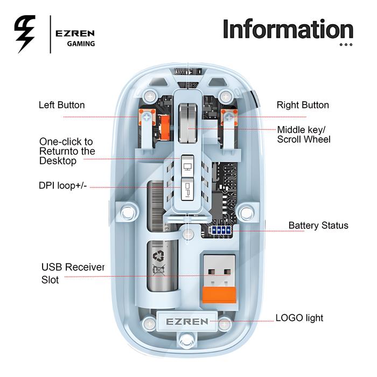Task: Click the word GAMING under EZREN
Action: tap(81, 44)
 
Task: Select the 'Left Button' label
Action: tap(61, 105)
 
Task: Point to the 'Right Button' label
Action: tap(303, 105)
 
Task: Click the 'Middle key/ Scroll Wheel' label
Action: tap(304, 134)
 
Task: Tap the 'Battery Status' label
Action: tap(318, 225)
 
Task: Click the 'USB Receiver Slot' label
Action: tap(73, 274)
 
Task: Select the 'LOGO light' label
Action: tap(299, 318)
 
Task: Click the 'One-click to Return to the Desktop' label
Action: tap(67, 151)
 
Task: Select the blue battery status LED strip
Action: tap(220, 230)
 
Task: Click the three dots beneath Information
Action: tap(346, 45)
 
